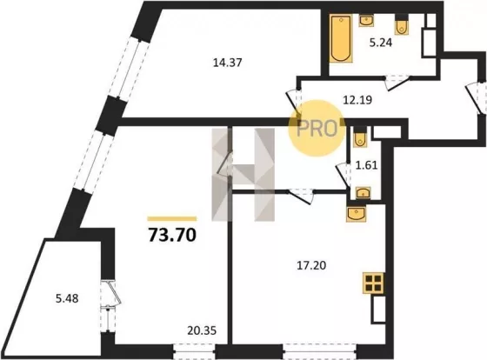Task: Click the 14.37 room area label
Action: pyautogui.click(x=227, y=63)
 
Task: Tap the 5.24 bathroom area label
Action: pyautogui.click(x=381, y=43)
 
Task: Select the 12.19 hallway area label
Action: pyautogui.click(x=357, y=100)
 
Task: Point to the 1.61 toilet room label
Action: pyautogui.click(x=366, y=165)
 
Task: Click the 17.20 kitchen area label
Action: pyautogui.click(x=311, y=265)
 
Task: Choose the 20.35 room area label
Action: pyautogui.click(x=202, y=330)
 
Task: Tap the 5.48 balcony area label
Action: pyautogui.click(x=67, y=298)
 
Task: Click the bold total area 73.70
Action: pyautogui.click(x=172, y=235)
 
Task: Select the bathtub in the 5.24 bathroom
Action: pyautogui.click(x=341, y=38)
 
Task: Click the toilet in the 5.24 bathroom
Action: pyautogui.click(x=402, y=24)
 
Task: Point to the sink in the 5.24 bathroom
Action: pyautogui.click(x=366, y=21)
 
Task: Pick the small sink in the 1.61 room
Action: pyautogui.click(x=364, y=193)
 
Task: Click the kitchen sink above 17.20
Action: pyautogui.click(x=357, y=213)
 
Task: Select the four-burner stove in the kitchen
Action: pyautogui.click(x=373, y=283)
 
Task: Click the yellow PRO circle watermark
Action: pyautogui.click(x=317, y=128)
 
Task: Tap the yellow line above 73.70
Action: pyautogui.click(x=172, y=218)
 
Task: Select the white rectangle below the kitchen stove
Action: pyautogui.click(x=378, y=310)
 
